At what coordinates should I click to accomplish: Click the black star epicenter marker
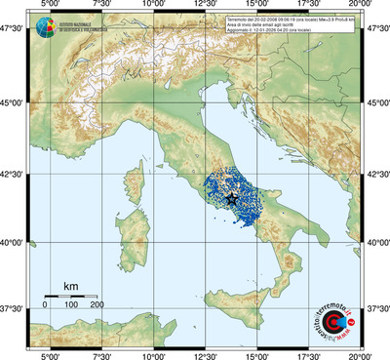232,198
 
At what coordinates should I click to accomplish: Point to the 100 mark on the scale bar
70,304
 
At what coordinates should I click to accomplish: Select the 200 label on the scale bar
97,304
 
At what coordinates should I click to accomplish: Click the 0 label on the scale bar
45,304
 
